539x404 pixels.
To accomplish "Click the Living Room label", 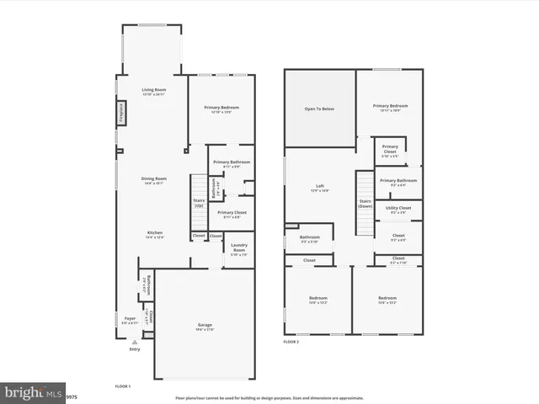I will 152,90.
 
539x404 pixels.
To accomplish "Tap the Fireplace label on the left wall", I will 121,113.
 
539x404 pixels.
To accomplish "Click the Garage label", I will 205,326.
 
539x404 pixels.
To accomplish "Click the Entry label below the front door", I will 135,348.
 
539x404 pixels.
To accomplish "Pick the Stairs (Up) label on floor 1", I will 200,203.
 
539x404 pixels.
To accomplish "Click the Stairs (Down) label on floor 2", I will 366,203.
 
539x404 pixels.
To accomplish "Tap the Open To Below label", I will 319,109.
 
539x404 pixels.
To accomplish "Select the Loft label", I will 320,188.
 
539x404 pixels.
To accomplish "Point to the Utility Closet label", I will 398,208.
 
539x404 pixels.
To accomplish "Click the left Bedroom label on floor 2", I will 318,300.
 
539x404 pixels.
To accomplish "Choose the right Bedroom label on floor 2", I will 387,300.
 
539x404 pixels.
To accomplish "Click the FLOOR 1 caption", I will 122,385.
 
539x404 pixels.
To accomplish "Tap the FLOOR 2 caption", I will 291,342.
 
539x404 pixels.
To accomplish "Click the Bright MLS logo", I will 33,391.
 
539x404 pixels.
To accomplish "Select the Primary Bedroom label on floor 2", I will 390,107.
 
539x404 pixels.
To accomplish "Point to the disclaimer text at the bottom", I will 269,397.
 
